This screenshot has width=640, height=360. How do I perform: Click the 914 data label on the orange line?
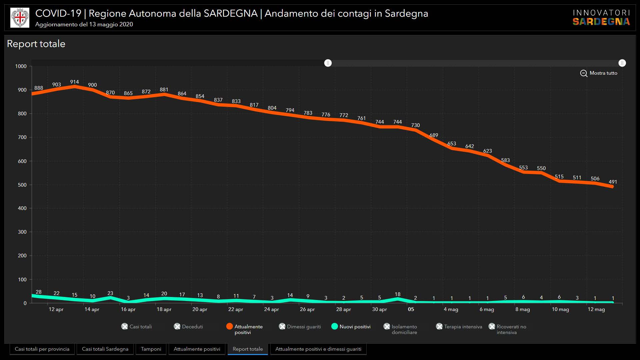coord(74,82)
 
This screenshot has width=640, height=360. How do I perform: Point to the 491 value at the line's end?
coord(613,182)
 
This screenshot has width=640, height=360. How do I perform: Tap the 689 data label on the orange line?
coord(434,135)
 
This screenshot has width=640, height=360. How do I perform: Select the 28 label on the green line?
coord(39,292)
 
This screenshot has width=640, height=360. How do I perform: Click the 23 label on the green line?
coord(110,293)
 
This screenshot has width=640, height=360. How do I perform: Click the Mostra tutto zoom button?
coord(599,73)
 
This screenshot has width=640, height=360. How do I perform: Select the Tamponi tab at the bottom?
coord(151,349)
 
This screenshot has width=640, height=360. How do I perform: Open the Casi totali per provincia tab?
coord(42,349)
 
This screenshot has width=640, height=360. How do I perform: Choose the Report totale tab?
coord(248,349)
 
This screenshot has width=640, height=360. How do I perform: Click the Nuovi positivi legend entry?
coord(351,327)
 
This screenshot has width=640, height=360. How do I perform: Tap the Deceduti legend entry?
coord(188,327)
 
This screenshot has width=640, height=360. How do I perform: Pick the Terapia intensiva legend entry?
coord(459,327)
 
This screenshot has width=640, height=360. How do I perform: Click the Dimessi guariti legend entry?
coord(300,327)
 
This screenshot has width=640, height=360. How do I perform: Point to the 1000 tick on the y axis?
coord(21,66)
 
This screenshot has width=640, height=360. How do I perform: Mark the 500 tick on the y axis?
coord(22,185)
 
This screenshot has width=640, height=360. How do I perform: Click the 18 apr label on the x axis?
coord(164,309)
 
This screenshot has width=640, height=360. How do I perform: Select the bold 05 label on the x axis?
coord(411,309)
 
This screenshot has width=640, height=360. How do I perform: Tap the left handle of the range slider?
coord(328,63)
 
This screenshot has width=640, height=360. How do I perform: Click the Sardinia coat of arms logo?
coord(20,18)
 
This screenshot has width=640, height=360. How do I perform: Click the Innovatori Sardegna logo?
coord(601,18)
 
